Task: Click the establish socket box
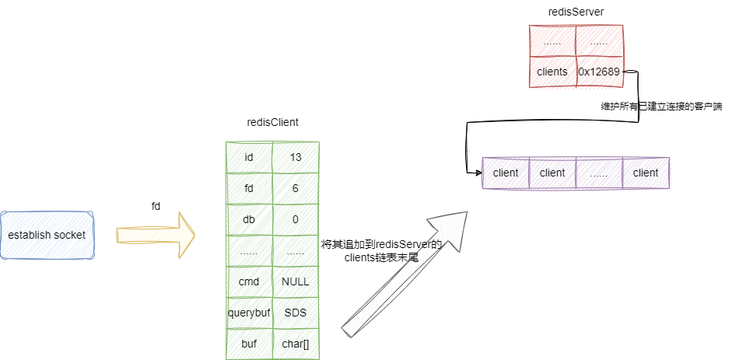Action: coord(47,235)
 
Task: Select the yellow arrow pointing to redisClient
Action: coord(156,234)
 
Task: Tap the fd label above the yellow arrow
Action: coord(156,205)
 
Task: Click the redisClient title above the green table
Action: coord(272,123)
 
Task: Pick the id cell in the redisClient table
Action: coord(249,157)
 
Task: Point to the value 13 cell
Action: coord(296,157)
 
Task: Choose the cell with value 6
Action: coord(296,188)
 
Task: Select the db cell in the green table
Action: coord(249,219)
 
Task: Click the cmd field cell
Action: coord(249,281)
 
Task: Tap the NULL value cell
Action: coord(296,281)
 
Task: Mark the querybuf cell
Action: coord(249,313)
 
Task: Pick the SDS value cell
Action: coord(296,313)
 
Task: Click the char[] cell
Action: coord(296,344)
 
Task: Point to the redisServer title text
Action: coord(576,12)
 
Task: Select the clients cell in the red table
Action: coord(552,72)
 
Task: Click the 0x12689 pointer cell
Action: coord(599,72)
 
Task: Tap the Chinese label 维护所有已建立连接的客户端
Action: coord(661,107)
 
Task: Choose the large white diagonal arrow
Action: coord(405,272)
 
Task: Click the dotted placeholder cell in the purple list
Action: coord(599,173)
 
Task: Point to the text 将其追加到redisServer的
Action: coord(381,244)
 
